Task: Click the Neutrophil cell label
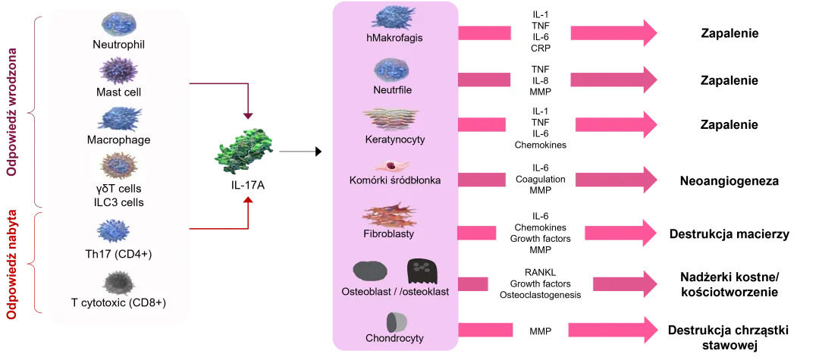click(x=118, y=44)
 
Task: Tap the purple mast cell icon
click(x=118, y=72)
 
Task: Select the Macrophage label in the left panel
click(x=118, y=139)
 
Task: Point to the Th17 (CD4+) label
click(x=118, y=253)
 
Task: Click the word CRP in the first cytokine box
click(x=541, y=48)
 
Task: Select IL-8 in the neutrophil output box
click(x=541, y=80)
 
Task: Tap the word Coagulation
click(x=541, y=180)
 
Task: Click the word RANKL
click(x=541, y=273)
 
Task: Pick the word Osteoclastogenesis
click(x=541, y=296)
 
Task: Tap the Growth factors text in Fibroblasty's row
click(x=541, y=238)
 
